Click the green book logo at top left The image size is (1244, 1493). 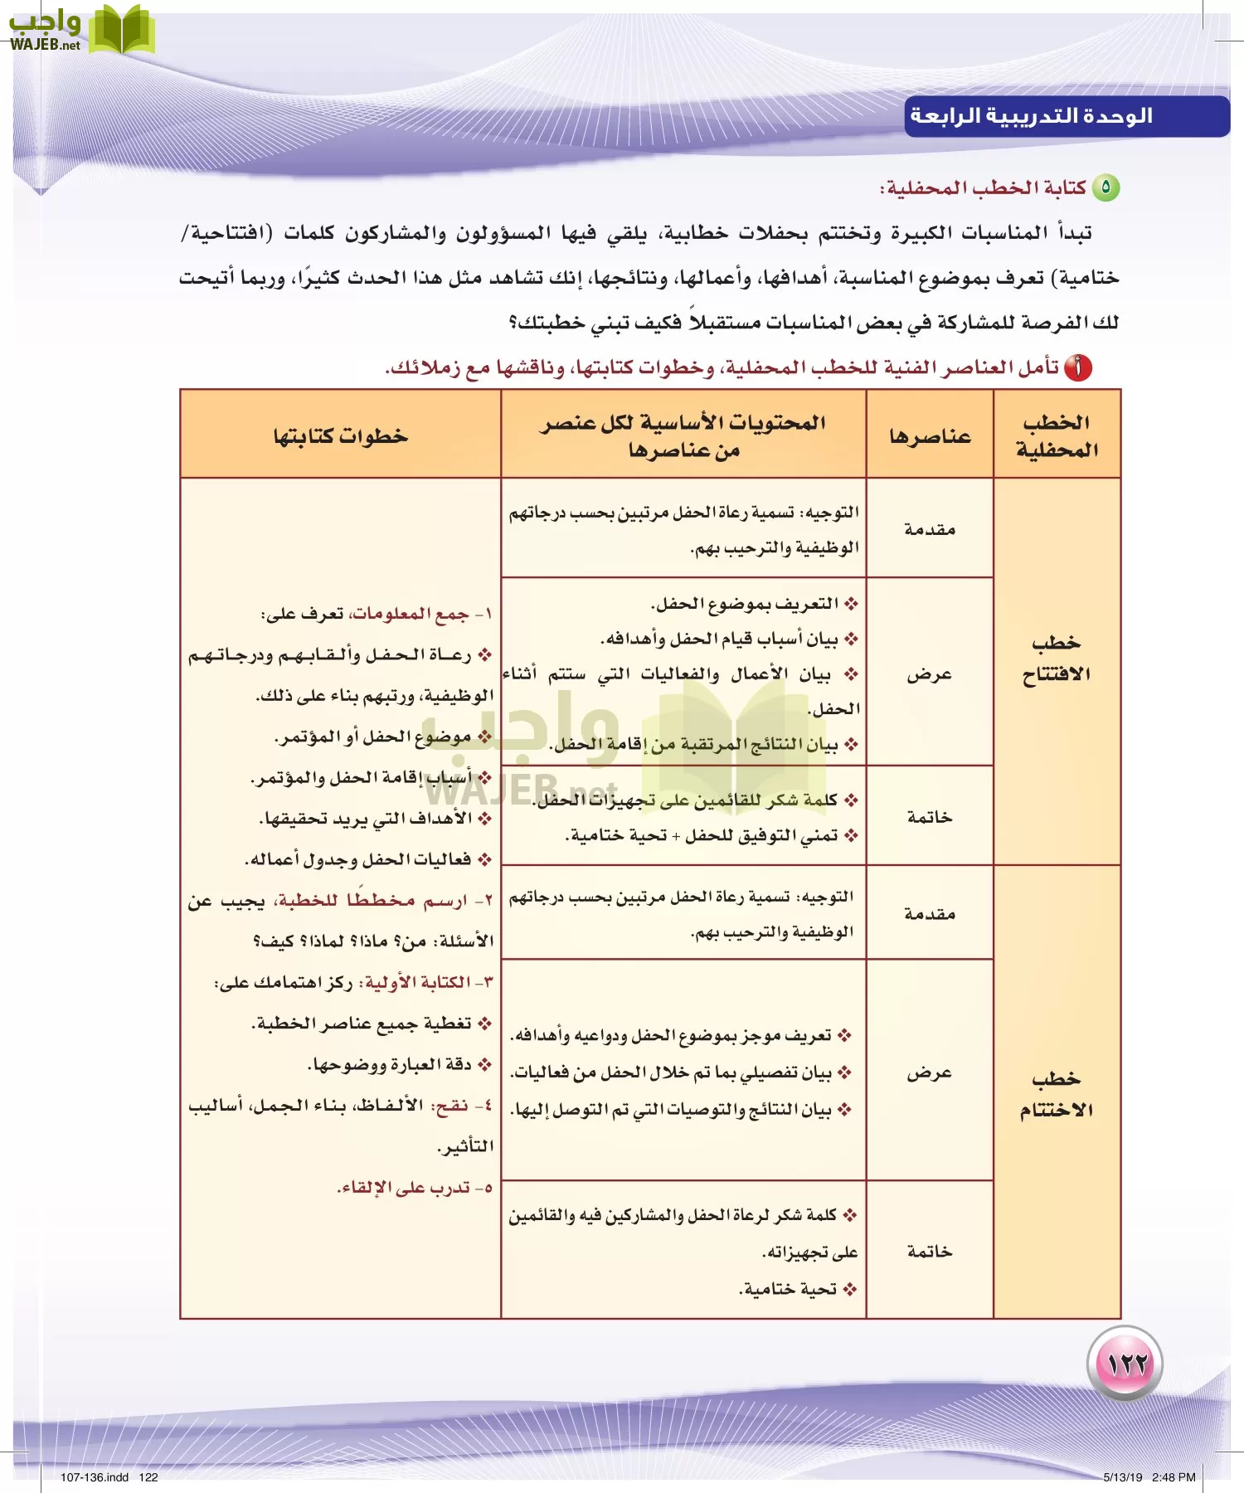[121, 31]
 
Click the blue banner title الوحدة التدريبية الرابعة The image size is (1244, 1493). [1032, 116]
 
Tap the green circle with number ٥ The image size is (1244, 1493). [1106, 188]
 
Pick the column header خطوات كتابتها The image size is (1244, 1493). [341, 435]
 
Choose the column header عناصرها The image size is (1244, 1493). [930, 436]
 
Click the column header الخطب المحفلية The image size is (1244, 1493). [1057, 435]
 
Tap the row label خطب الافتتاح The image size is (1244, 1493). [1057, 658]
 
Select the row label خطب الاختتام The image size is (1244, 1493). [1057, 1094]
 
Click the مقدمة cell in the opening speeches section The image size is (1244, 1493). [930, 529]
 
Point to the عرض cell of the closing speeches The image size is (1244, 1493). [930, 1072]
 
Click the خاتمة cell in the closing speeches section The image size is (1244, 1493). [930, 1251]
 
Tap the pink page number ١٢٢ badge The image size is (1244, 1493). [1125, 1363]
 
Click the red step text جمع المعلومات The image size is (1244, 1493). [411, 614]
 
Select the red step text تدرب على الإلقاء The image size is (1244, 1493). [406, 1188]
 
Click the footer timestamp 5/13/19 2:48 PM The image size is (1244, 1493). [1149, 1476]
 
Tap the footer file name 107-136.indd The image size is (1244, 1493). [95, 1476]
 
